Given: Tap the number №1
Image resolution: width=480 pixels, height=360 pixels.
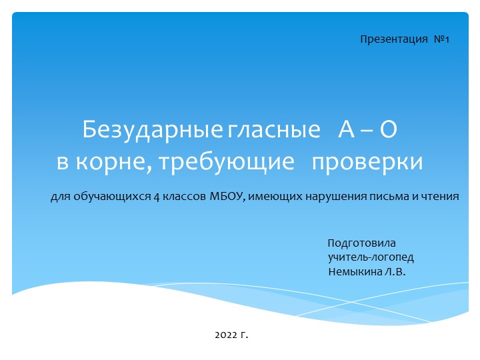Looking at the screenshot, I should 442,40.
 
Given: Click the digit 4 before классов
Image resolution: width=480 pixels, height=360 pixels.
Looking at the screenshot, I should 156,197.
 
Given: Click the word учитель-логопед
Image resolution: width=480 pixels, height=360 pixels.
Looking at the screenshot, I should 371,257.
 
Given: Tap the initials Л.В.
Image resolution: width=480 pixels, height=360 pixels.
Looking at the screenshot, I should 395,272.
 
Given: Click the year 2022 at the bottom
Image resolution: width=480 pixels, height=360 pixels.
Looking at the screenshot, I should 227,333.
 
